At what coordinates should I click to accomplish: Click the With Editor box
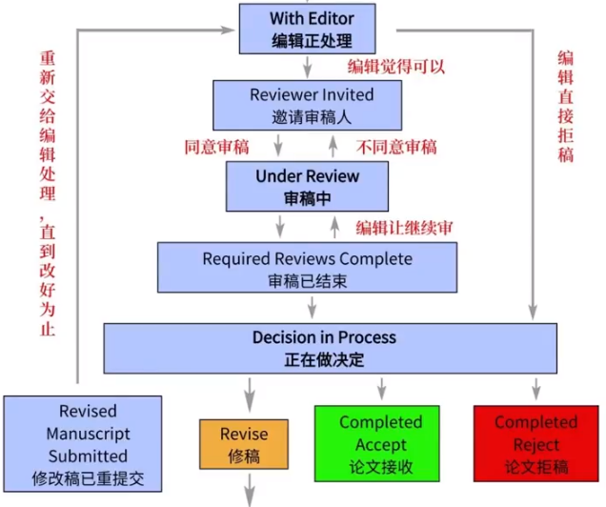pos(307,29)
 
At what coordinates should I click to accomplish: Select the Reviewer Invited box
pos(307,105)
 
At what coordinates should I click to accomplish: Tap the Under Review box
pos(307,186)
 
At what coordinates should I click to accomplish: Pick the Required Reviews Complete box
pos(307,268)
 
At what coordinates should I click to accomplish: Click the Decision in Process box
pos(331,348)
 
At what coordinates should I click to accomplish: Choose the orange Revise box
pos(244,444)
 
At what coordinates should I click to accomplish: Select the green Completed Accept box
pos(377,444)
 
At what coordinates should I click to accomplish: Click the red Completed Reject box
pos(536,444)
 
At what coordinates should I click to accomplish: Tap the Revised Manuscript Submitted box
pos(83,444)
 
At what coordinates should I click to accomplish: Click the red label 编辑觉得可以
pos(396,67)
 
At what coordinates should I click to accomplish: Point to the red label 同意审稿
pos(217,147)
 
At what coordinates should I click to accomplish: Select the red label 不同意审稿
pos(396,147)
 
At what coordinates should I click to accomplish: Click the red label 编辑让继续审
pos(404,228)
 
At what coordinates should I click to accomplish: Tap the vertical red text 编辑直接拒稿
pos(565,107)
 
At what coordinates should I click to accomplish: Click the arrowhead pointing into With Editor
pos(228,30)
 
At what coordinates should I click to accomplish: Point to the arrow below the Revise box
pos(250,490)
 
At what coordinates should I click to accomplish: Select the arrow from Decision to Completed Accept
pos(382,389)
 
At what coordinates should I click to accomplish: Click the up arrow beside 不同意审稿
pos(333,147)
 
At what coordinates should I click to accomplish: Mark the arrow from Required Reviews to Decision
pos(313,308)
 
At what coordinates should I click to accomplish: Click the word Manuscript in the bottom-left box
pos(88,434)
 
